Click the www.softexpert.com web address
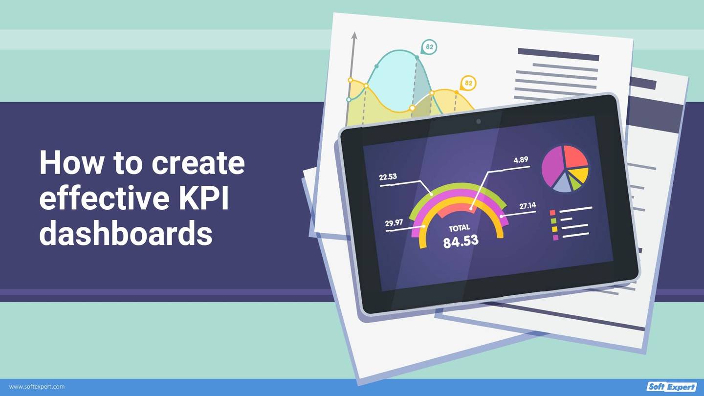37,387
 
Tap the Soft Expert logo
671,387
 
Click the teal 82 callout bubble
429,47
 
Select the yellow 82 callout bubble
468,83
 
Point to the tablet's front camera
478,121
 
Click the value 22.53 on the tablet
388,177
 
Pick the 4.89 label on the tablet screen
521,160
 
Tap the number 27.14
528,206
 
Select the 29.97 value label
394,223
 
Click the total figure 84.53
461,241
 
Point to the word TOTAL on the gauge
459,228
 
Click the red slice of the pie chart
575,157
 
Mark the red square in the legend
552,213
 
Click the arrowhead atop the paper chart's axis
354,36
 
